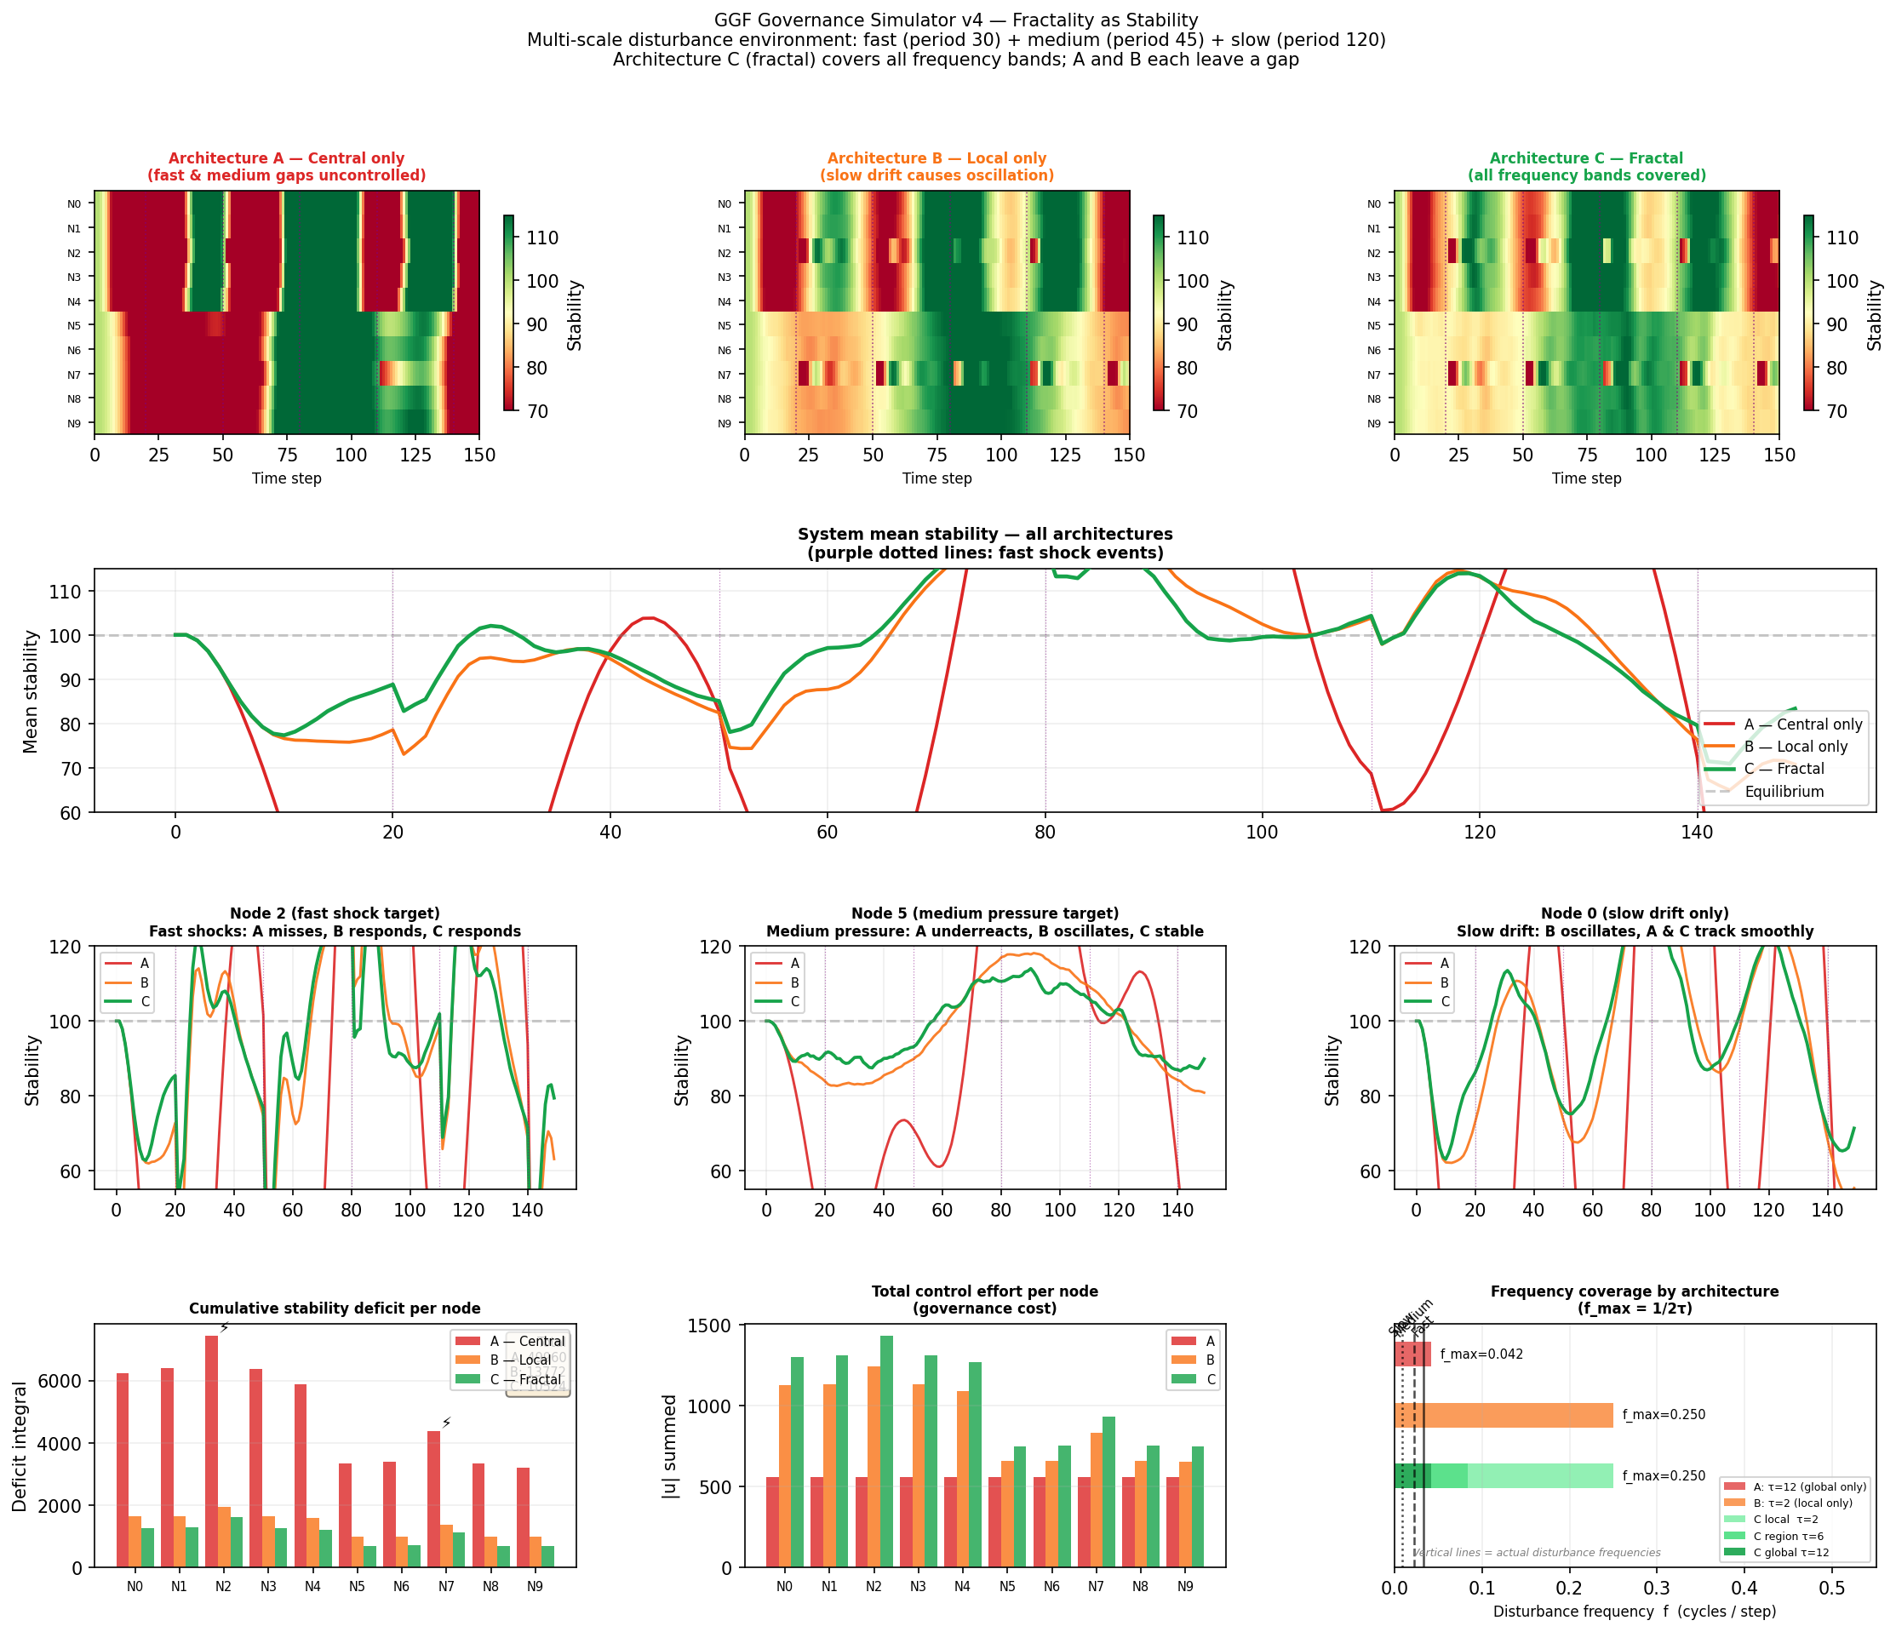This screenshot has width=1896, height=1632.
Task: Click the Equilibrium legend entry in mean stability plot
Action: (x=1784, y=791)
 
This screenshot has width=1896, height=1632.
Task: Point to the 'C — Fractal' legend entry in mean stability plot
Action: (x=1784, y=769)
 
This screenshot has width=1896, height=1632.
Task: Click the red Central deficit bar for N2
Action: (x=211, y=1450)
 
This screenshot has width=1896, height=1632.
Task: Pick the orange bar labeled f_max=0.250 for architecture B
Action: (x=1503, y=1415)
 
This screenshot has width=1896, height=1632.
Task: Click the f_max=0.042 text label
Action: (x=1481, y=1354)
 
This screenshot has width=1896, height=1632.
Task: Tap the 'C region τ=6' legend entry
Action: (x=1785, y=1536)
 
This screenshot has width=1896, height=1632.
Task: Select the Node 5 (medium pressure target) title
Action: (x=984, y=913)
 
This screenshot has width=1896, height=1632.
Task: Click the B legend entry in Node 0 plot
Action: (x=1444, y=982)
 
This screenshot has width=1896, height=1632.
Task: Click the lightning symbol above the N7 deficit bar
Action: (x=447, y=1423)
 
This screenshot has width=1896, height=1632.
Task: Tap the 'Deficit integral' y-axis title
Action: (x=20, y=1446)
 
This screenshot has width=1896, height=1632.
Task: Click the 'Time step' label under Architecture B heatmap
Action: (x=937, y=478)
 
